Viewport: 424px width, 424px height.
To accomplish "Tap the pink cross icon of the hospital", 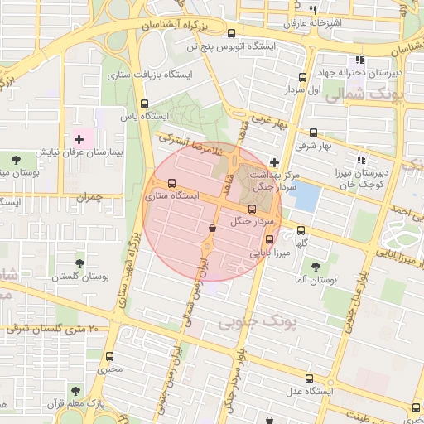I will (x=79, y=137).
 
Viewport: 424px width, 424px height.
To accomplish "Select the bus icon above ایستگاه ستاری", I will (x=171, y=183).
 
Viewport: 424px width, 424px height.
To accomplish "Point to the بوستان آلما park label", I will (x=312, y=282).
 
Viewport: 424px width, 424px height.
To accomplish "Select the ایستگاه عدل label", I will (x=310, y=390).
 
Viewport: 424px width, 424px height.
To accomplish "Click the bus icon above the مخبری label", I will (x=109, y=356).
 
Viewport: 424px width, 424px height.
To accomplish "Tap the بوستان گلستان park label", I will (x=79, y=278).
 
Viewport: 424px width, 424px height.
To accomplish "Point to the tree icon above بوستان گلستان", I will (x=79, y=263).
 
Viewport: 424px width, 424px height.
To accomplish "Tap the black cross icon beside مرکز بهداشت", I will (x=275, y=162).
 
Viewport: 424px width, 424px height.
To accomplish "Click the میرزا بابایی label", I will (x=270, y=252).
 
